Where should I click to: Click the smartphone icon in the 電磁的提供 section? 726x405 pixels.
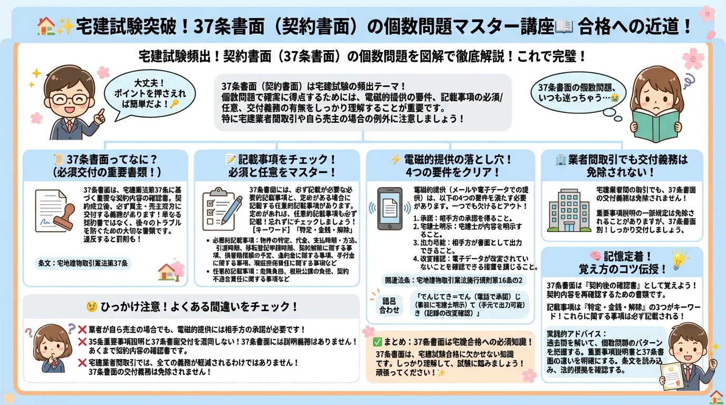pos(389,208)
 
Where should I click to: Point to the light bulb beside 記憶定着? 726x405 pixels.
pos(679,259)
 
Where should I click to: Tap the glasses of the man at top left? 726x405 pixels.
pos(74,99)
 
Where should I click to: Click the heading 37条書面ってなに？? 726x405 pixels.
pos(106,166)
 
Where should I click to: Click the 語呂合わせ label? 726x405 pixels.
pos(390,305)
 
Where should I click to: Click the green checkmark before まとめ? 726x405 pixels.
pos(377,341)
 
